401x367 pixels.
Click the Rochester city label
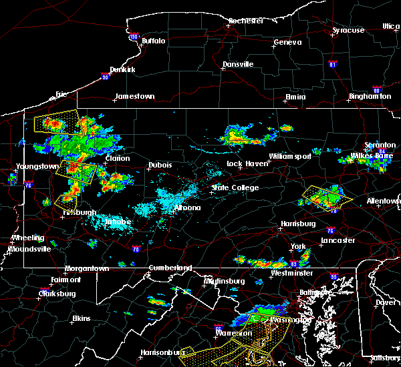(x=247, y=21)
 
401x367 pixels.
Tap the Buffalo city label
(x=153, y=41)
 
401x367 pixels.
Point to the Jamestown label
(x=134, y=96)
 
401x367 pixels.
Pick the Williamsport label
(x=290, y=156)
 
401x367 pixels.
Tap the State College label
(x=235, y=188)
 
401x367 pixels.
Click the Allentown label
(x=384, y=201)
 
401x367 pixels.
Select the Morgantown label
(x=86, y=269)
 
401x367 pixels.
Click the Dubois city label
(x=160, y=165)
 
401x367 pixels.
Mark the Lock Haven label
(x=243, y=163)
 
